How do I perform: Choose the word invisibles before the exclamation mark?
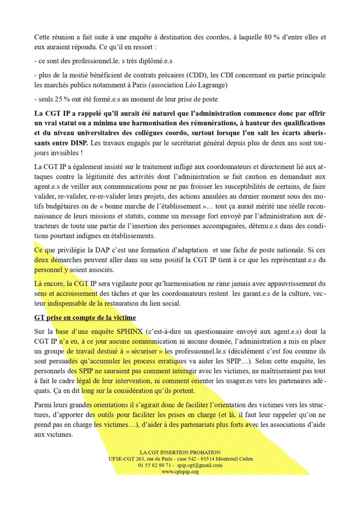69,144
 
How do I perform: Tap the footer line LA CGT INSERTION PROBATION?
180,452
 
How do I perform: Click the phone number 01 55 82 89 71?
153,465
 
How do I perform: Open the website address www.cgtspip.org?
180,471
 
